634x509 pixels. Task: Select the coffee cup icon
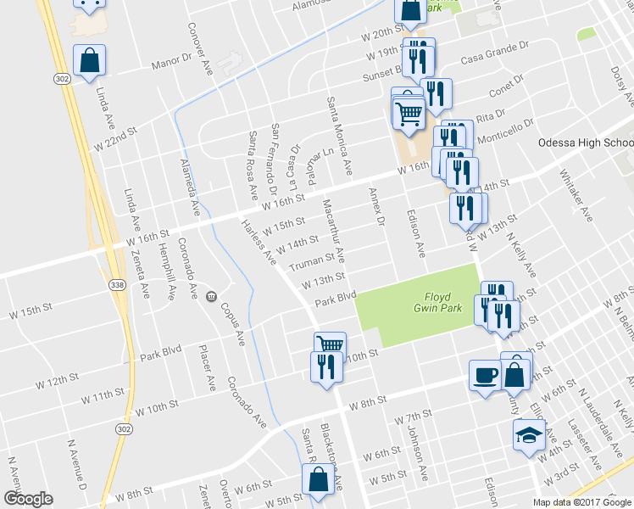[x=485, y=374]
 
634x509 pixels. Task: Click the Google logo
[x=28, y=499]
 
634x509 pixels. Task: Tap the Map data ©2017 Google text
[x=582, y=502]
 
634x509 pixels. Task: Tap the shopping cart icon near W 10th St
[x=330, y=344]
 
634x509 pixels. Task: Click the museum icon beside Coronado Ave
[x=209, y=295]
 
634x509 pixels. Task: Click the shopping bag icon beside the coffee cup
[x=516, y=372]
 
